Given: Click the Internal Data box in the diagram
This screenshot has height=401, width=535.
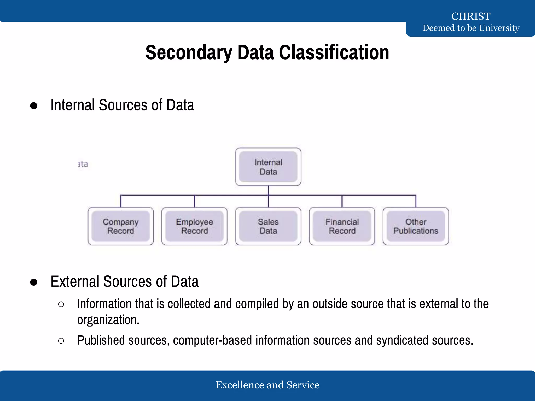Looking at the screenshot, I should point(268,167).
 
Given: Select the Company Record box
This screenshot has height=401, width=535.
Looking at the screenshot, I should point(120,226).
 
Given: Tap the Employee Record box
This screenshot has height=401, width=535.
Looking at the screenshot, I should point(194,226).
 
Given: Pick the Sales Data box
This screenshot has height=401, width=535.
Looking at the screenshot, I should point(268,226).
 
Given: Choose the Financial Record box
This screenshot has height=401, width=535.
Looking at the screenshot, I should point(342,226).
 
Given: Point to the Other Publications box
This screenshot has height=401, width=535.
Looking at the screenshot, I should point(416,226).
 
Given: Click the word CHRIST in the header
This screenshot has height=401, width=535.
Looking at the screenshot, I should point(471,16).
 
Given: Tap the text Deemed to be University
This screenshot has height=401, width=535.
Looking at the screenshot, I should point(471,28).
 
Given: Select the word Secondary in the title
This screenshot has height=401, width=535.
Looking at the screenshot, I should point(189,52).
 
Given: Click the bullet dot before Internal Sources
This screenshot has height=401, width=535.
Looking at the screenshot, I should point(34,106).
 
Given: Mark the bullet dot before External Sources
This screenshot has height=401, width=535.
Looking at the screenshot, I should point(34,282).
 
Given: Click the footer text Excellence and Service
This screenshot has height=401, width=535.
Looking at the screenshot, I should point(267,385).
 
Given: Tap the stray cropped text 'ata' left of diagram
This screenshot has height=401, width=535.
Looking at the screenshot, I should point(83,164).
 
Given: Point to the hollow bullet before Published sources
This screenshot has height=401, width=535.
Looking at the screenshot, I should point(61,341).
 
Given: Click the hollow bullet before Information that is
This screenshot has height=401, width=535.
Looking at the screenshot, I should point(61,304).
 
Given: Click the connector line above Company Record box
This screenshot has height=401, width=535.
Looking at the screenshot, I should point(121,201).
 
